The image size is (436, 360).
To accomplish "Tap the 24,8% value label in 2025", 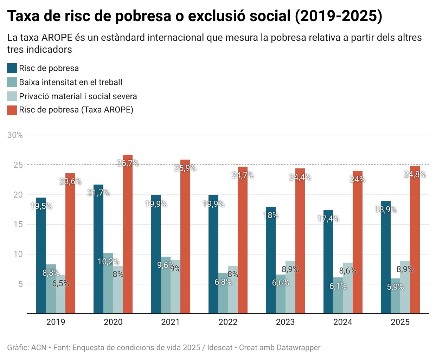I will (x=415, y=174).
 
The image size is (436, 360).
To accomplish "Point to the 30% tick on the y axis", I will (x=15, y=135).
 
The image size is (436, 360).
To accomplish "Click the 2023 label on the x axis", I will (x=285, y=322).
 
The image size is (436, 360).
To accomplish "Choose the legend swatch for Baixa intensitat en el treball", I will (x=12, y=82).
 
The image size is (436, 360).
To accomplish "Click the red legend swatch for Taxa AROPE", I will (x=12, y=110).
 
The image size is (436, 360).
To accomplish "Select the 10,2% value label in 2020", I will (x=108, y=262).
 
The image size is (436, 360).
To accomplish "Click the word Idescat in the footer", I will (x=220, y=348).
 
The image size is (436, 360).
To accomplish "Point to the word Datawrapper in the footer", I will (x=299, y=348).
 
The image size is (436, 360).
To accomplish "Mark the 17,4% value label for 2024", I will (x=328, y=219).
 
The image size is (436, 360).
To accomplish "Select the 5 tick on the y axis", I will (x=20, y=284).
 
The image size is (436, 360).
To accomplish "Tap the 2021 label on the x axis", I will (x=171, y=322).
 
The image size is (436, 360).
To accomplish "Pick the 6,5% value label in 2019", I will (x=61, y=283).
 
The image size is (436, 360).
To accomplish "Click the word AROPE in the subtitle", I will (x=57, y=38).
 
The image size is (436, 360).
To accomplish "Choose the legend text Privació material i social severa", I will (x=78, y=96).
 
